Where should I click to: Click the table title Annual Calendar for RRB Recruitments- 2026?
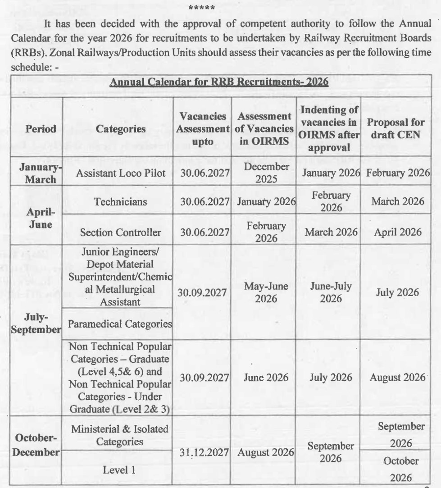click(x=219, y=83)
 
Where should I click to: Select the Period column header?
click(x=41, y=129)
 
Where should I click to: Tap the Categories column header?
click(x=120, y=129)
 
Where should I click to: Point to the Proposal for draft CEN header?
click(x=396, y=129)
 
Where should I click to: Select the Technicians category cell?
click(x=120, y=201)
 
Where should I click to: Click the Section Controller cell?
click(x=120, y=233)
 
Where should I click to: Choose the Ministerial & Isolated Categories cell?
click(x=119, y=435)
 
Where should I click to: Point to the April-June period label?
click(x=41, y=218)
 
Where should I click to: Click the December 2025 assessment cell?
click(x=266, y=173)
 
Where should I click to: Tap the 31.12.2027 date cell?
click(x=205, y=452)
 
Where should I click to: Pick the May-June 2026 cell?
click(x=266, y=292)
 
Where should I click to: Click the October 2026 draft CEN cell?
click(x=400, y=469)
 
